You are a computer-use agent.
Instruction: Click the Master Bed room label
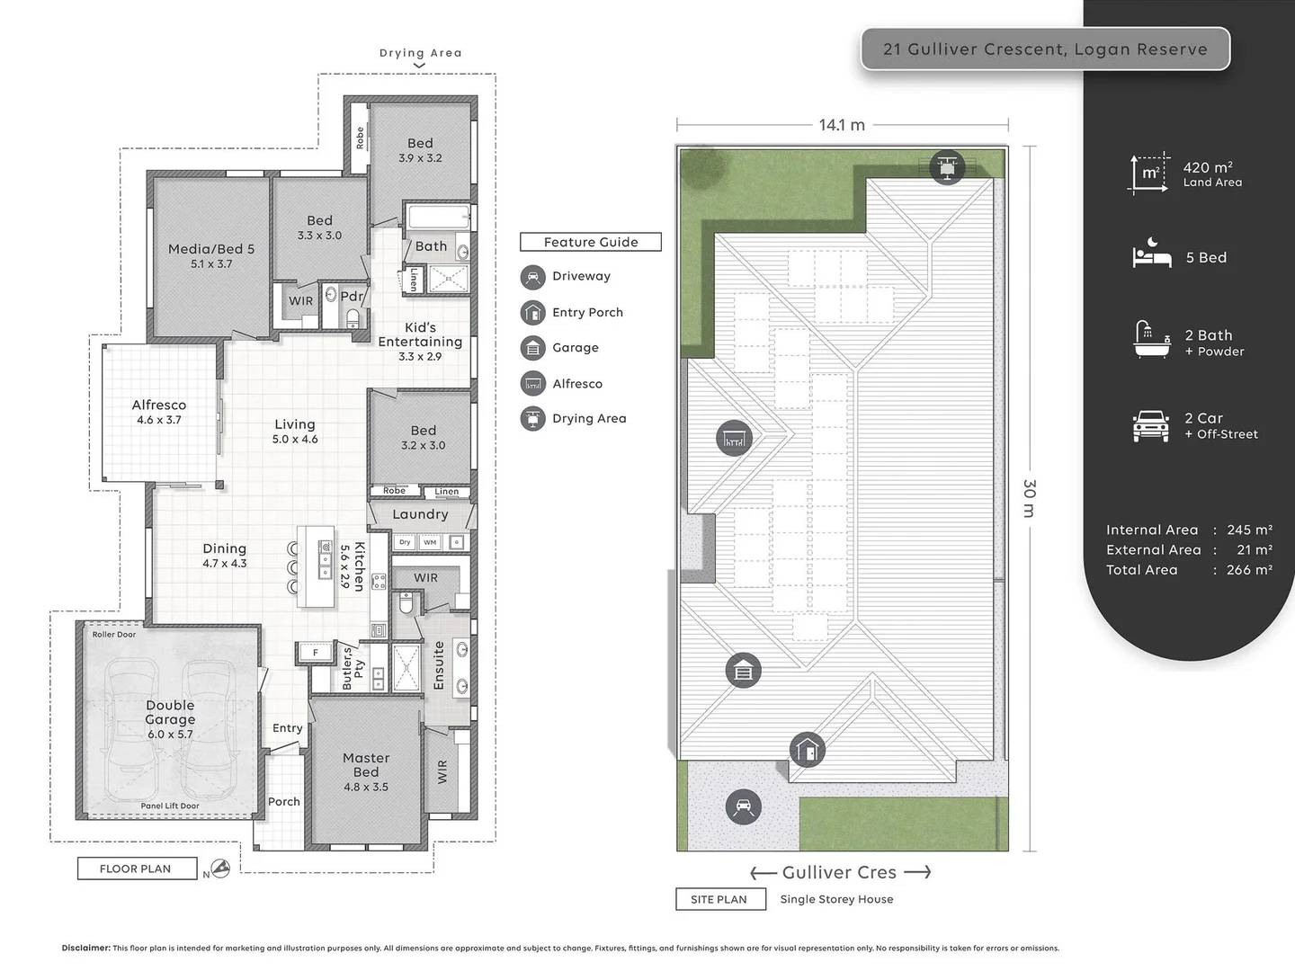(x=366, y=765)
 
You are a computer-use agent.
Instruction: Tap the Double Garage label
(x=170, y=713)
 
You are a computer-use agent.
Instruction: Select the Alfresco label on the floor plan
(x=159, y=405)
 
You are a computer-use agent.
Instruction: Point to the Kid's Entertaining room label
(x=420, y=334)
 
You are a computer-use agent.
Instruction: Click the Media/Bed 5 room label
(x=211, y=249)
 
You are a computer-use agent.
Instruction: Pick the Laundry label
(x=420, y=514)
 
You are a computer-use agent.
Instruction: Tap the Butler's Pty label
(x=353, y=669)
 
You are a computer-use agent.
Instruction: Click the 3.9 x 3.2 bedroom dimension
(x=420, y=158)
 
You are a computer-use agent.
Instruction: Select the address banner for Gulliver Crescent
(x=1045, y=49)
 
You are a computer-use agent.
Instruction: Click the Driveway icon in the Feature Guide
(x=533, y=277)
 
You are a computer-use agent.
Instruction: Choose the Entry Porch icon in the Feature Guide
(x=533, y=312)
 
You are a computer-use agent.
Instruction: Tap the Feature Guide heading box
(x=591, y=242)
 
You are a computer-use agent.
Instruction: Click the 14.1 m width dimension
(x=842, y=125)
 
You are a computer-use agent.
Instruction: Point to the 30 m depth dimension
(x=1030, y=498)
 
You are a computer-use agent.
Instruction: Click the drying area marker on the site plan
(x=946, y=167)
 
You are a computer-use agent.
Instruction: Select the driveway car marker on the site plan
(x=743, y=806)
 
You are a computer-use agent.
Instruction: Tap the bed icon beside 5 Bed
(x=1151, y=256)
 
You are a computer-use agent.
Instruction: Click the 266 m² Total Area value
(x=1249, y=570)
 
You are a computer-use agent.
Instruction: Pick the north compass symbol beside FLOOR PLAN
(x=219, y=869)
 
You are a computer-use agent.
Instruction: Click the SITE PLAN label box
(x=719, y=899)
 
